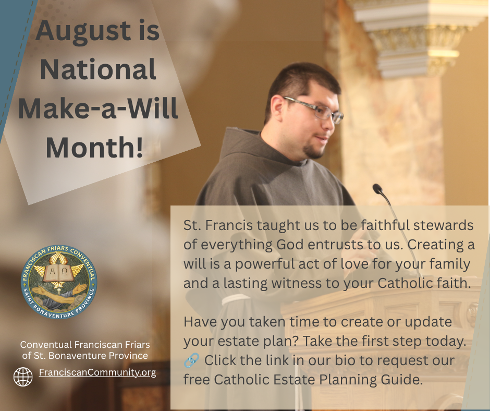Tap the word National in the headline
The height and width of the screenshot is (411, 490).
(98, 69)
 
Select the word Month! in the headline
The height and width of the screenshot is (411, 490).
(94, 147)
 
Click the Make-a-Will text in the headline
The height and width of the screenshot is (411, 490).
(98, 108)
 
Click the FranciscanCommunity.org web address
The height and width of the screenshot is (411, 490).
(97, 372)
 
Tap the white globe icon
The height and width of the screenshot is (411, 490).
(23, 377)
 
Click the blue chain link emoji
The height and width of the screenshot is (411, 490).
(191, 360)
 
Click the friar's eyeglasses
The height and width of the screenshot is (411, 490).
(314, 109)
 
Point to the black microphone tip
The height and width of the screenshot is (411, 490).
(377, 189)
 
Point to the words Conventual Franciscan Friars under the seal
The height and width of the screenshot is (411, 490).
(85, 345)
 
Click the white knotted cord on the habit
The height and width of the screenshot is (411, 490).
(237, 300)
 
